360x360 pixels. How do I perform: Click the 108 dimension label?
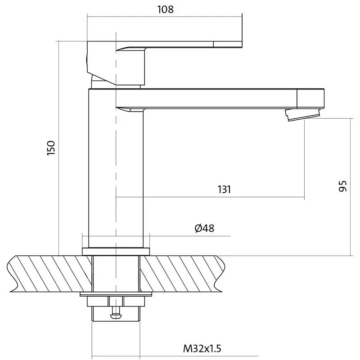tap(165, 9)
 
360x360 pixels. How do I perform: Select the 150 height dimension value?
tap(51, 148)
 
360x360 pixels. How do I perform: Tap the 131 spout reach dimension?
tap(224, 189)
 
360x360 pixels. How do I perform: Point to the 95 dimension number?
tap(342, 186)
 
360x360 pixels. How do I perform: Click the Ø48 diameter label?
tap(204, 228)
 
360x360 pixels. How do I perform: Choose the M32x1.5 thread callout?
tap(202, 348)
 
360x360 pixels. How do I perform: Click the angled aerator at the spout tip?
tap(302, 114)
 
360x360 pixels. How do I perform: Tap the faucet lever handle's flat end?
tap(228, 45)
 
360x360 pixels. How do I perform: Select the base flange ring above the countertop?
tap(116, 252)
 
